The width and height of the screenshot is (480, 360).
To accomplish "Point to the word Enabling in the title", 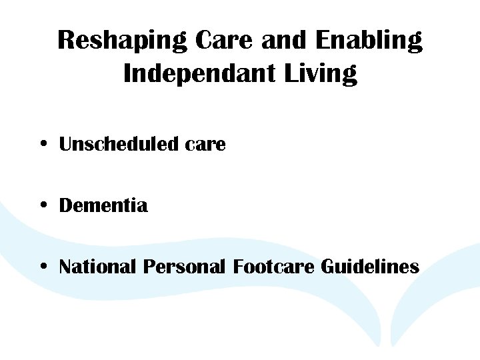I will (368, 41).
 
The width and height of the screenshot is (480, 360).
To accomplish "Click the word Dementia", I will (103, 205).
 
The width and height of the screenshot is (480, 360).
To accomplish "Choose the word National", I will (97, 267).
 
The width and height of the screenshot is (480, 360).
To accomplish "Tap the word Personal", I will (185, 267).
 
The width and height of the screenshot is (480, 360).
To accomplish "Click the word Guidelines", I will (370, 267).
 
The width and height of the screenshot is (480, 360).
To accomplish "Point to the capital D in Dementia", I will (67, 205).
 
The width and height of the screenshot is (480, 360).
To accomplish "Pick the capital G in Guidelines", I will (328, 267).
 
